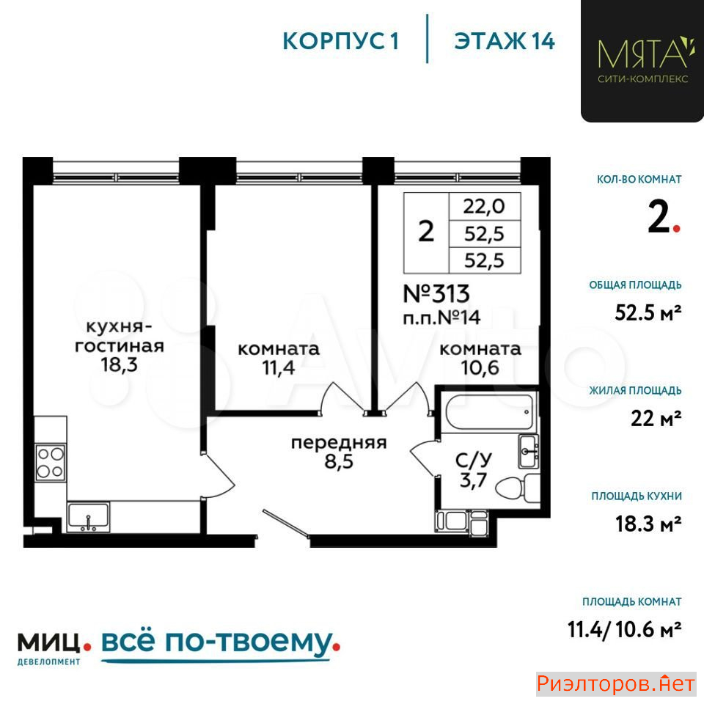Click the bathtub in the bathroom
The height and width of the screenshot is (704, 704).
coord(489,411)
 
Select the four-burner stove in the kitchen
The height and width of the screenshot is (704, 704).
coord(51,463)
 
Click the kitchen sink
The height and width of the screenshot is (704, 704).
coord(88,517)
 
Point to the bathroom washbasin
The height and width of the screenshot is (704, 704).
coord(528,451)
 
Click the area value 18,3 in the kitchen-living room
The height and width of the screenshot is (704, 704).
coord(119,364)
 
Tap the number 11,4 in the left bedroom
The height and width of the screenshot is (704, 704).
coord(279,367)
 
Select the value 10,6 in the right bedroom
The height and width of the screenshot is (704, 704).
coord(480,367)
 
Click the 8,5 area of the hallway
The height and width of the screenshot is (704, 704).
coord(339,461)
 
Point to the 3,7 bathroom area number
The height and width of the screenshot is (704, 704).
coord(473,480)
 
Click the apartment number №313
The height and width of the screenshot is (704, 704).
coord(436,294)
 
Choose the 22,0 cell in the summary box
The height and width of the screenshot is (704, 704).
coord(484,207)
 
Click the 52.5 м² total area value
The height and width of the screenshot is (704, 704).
coord(648,312)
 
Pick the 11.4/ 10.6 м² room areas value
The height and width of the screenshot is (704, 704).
coord(625,629)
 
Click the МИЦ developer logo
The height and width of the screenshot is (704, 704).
coord(49,643)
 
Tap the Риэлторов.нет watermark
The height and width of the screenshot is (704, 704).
coord(616,684)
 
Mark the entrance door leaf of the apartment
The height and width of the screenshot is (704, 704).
coord(286,522)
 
